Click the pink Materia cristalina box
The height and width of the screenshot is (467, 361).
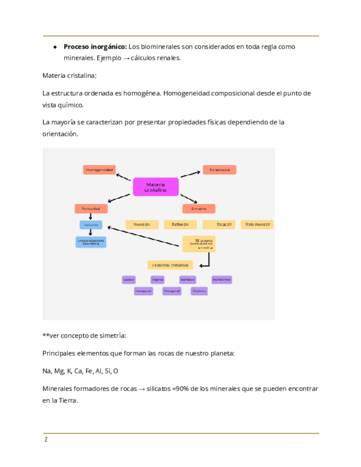(x=155, y=187)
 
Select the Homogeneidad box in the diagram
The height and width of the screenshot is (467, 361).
(x=99, y=170)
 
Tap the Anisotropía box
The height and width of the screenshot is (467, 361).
(x=219, y=170)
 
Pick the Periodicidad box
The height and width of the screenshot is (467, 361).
(x=91, y=209)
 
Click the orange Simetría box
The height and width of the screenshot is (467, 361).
(x=198, y=209)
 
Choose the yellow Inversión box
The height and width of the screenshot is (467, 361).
(x=142, y=225)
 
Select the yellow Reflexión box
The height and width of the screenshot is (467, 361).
(x=180, y=225)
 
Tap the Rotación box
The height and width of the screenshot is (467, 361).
(x=219, y=225)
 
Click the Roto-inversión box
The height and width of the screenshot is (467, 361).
(x=257, y=225)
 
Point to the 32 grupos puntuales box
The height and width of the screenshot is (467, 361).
(x=199, y=243)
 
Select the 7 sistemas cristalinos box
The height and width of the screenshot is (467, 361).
(x=170, y=265)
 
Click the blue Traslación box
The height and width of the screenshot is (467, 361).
(x=91, y=225)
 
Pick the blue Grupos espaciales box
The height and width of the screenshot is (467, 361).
(x=91, y=242)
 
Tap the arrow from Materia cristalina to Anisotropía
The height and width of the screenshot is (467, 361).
(x=190, y=173)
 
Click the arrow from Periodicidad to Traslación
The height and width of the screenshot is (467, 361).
(x=91, y=217)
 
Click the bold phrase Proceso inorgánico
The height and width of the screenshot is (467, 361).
(x=95, y=47)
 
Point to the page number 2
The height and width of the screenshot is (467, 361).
(x=46, y=440)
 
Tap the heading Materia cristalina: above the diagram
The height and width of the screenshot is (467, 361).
(x=69, y=75)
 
